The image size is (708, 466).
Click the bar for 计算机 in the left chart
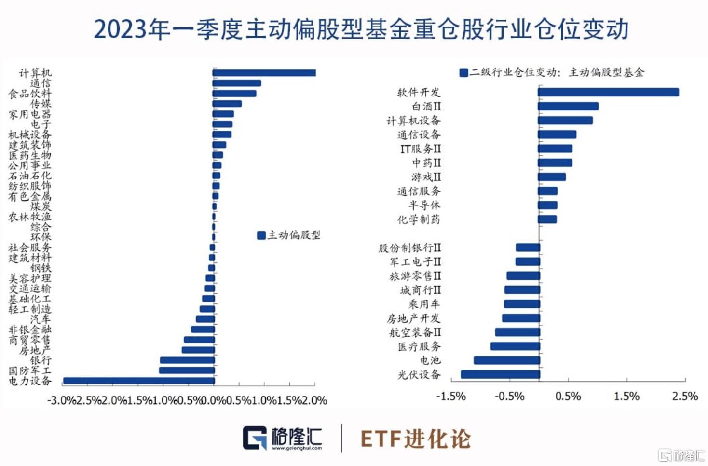[264, 73]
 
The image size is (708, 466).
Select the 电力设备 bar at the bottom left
[139, 381]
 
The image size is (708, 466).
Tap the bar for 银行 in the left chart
[187, 360]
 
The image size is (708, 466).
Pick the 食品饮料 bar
[234, 93]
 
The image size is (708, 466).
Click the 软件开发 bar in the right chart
[608, 92]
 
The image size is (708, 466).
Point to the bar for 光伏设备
[500, 374]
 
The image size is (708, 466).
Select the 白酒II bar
[568, 106]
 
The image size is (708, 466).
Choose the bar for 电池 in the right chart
[507, 360]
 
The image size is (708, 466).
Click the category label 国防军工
[30, 370]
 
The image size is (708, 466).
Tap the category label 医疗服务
[419, 346]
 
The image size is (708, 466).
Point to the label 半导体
[424, 206]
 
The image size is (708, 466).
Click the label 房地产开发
[413, 318]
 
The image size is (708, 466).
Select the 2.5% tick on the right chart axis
[685, 397]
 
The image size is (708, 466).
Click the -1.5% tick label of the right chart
[451, 397]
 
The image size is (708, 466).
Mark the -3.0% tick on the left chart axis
[62, 400]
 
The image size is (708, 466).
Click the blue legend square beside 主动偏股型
[261, 235]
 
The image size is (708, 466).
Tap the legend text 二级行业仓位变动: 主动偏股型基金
[557, 72]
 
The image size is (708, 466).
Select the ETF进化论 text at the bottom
[415, 439]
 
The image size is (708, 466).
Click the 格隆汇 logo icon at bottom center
[255, 438]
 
